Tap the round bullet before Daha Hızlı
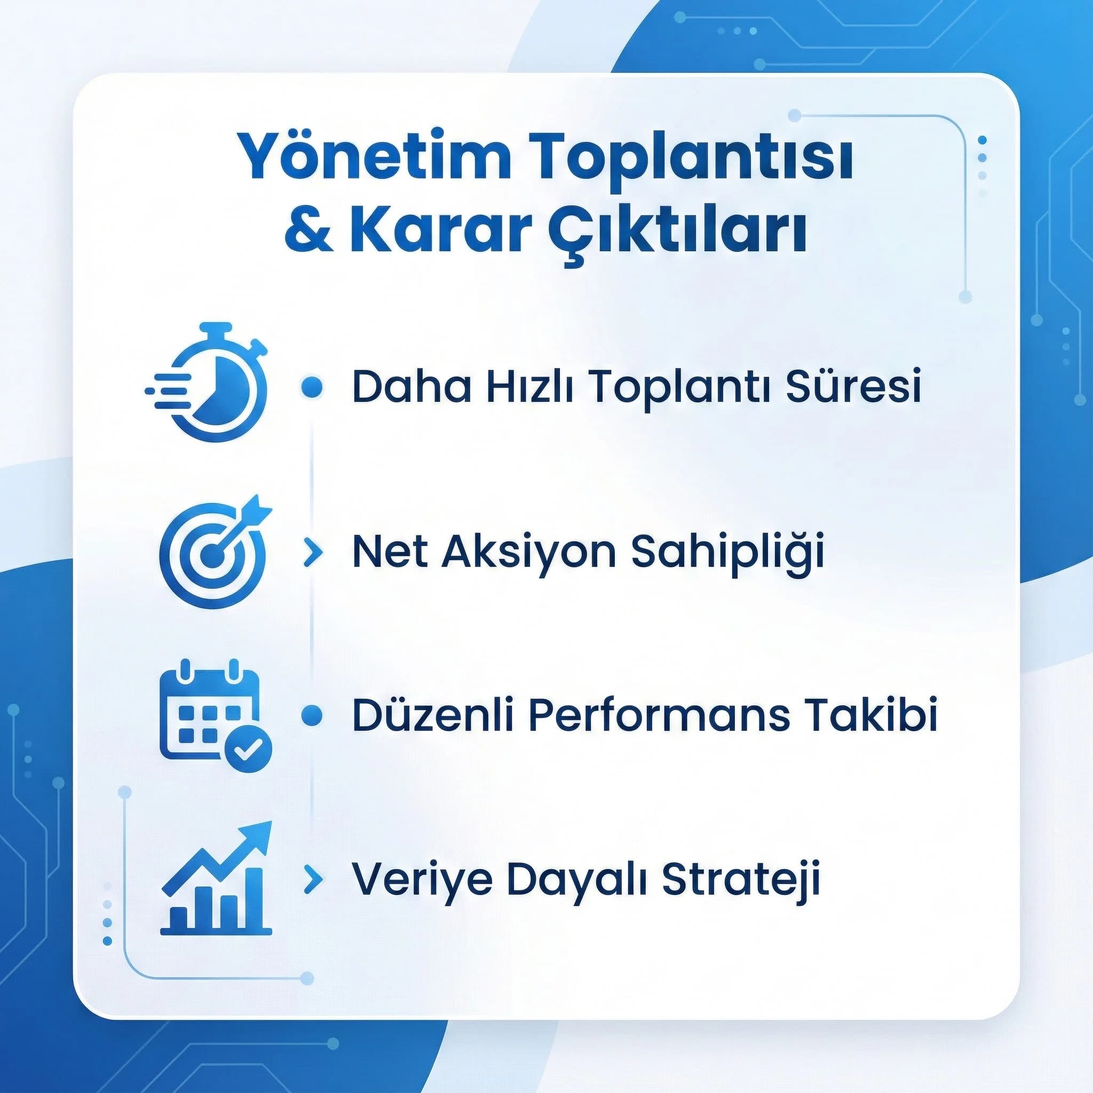click(x=312, y=387)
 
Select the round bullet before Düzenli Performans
click(x=312, y=716)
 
